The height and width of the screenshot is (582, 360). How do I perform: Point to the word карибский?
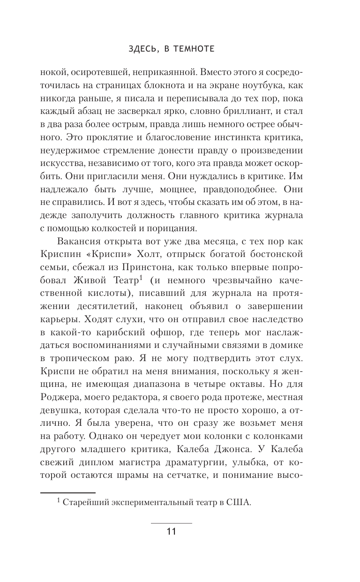(x=129, y=333)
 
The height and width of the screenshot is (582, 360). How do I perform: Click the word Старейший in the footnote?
(x=85, y=502)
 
